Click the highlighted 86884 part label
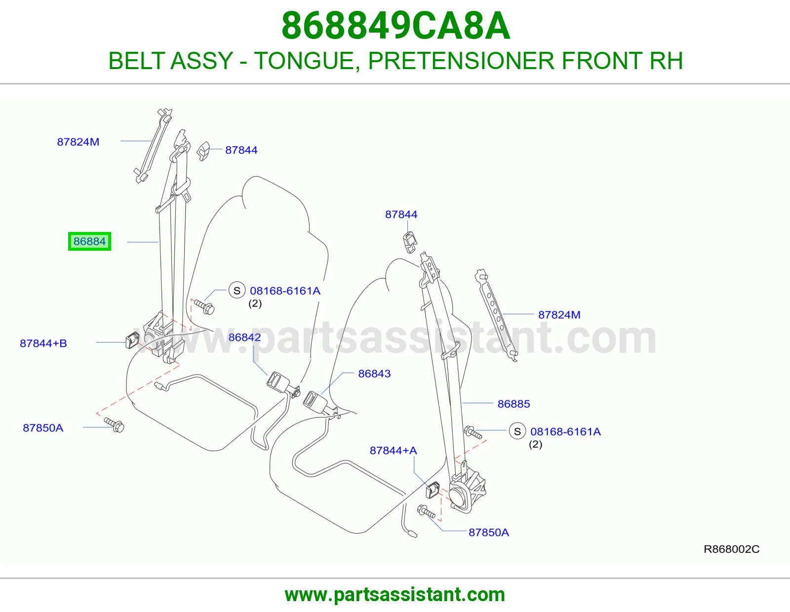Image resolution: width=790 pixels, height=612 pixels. [x=89, y=241]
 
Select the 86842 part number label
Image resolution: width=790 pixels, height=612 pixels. [x=245, y=337]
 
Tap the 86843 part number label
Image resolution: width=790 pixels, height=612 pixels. [x=374, y=374]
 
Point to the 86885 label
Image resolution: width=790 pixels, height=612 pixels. [x=513, y=404]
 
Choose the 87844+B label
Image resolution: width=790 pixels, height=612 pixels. [x=43, y=344]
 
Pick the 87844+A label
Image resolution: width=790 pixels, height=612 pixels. [x=394, y=451]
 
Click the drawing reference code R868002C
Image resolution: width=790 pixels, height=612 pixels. [x=731, y=549]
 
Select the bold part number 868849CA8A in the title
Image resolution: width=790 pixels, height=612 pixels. [x=396, y=26]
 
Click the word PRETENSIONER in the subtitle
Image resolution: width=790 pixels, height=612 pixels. [x=461, y=61]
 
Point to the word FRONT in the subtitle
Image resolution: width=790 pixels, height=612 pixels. [x=602, y=61]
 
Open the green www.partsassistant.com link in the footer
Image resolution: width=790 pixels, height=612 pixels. [x=395, y=595]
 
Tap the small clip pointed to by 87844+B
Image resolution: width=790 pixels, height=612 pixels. [x=132, y=341]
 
